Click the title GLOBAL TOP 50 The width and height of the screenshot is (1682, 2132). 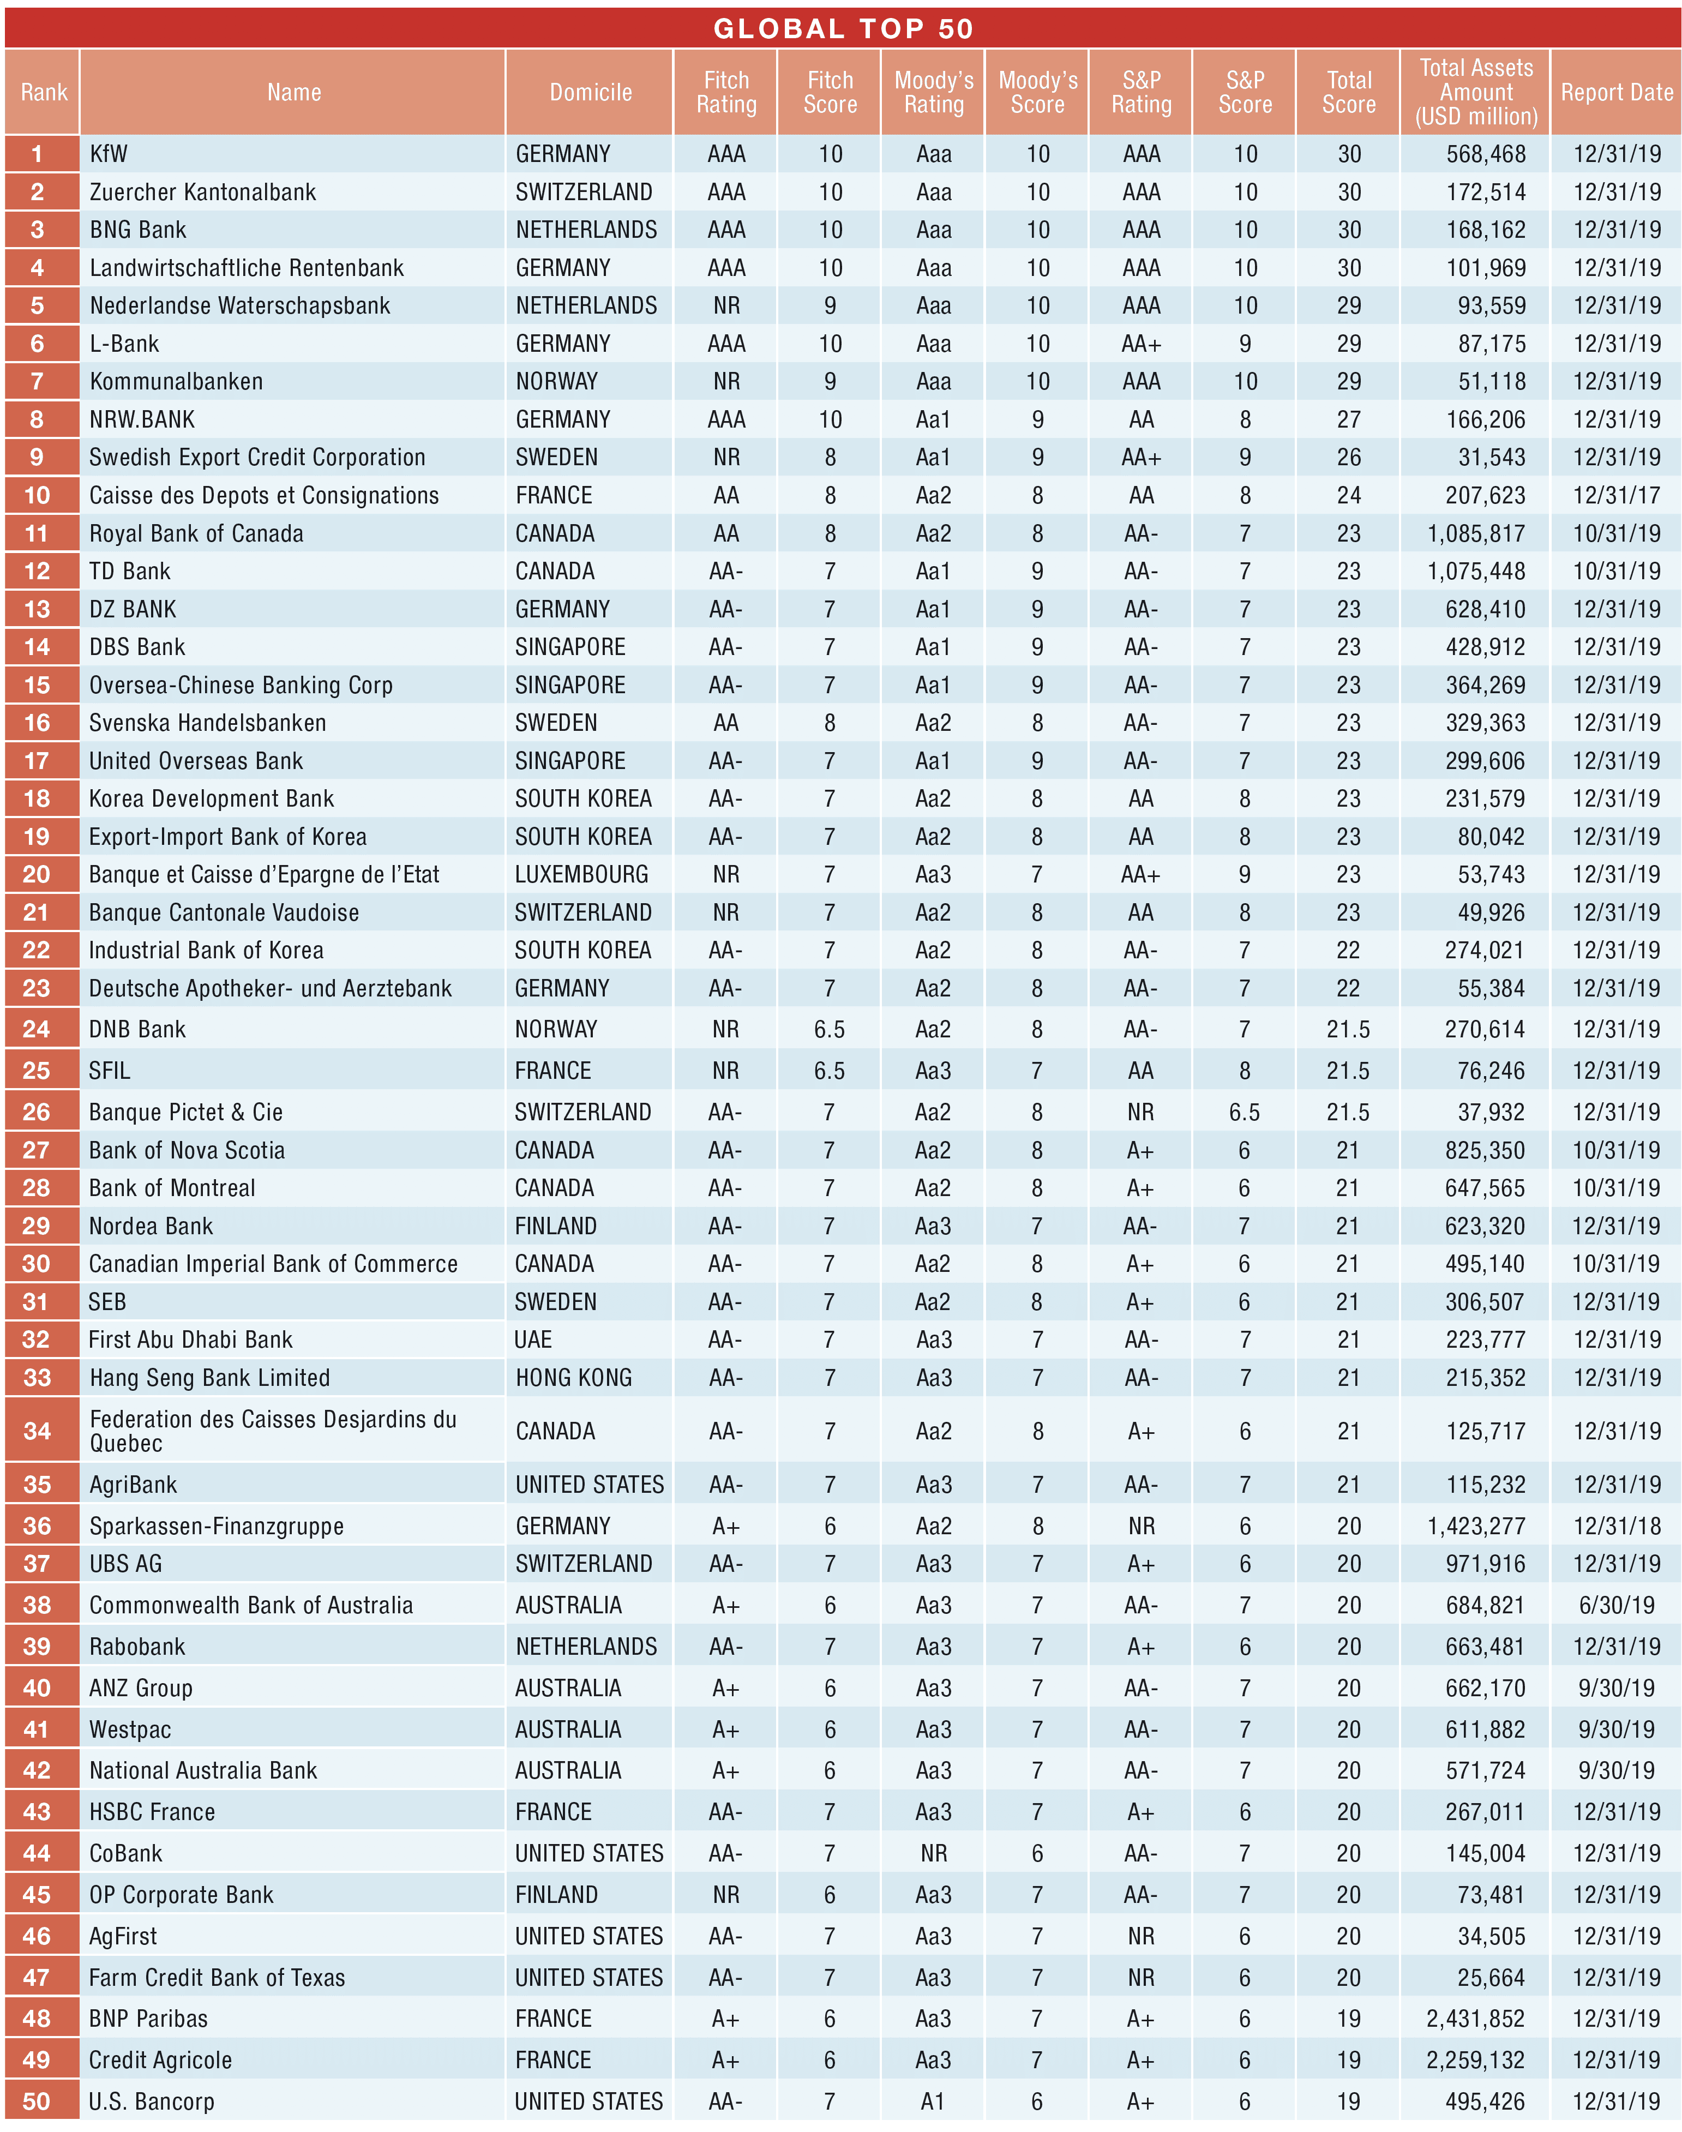point(843,28)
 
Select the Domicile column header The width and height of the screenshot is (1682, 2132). point(590,93)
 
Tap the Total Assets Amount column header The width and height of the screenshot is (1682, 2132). point(1475,93)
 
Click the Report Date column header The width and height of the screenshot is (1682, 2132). point(1616,93)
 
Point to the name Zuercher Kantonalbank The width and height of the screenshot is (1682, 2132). point(203,192)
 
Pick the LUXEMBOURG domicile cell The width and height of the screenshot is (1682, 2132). point(582,874)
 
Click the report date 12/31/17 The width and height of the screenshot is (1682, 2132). point(1616,495)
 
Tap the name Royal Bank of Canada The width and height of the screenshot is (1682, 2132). point(196,534)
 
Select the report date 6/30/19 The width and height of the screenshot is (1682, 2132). point(1616,1605)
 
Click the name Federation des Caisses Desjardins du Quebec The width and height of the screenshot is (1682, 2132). point(273,1431)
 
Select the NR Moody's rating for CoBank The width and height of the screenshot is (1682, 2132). point(934,1853)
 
